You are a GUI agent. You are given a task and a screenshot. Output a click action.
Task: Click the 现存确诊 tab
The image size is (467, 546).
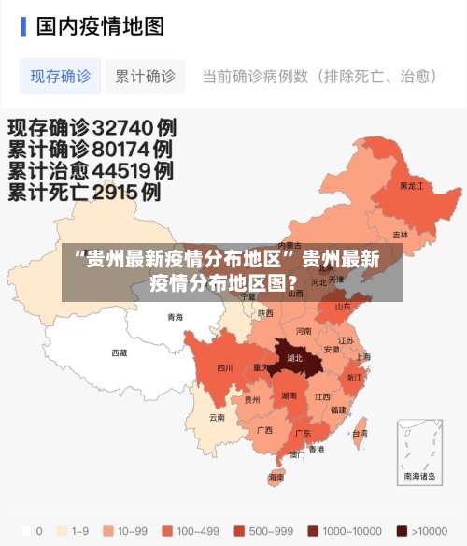(61, 77)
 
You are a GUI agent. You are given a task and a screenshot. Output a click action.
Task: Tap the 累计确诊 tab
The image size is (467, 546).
(145, 77)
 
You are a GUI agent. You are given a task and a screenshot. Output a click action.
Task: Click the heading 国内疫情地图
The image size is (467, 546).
(100, 25)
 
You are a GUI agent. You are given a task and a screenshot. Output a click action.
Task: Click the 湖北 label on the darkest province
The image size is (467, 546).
(295, 358)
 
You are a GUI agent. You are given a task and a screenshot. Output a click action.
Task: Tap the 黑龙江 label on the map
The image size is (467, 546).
(411, 186)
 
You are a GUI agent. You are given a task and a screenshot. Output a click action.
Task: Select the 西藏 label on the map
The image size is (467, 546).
(120, 353)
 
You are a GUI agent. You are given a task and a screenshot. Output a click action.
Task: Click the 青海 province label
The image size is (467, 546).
(176, 317)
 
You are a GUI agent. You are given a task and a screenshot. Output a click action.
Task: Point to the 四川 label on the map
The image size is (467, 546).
(224, 368)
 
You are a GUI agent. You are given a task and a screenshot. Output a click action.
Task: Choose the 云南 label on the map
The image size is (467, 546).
(217, 417)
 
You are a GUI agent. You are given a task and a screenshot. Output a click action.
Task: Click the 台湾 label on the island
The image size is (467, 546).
(359, 434)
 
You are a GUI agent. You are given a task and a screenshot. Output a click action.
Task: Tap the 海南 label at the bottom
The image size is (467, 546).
(276, 477)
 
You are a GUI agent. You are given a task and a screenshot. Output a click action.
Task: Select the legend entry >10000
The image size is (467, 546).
(420, 531)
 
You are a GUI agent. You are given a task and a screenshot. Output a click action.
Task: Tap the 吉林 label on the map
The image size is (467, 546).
(400, 235)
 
